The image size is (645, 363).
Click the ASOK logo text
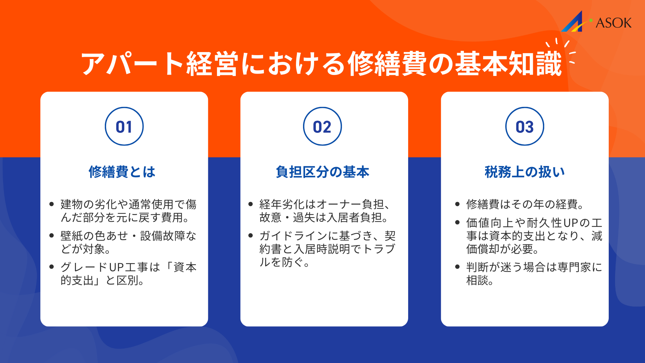613,23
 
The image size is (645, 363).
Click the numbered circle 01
124,126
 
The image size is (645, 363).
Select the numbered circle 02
322,126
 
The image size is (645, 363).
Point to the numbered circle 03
524,126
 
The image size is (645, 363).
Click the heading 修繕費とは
122,172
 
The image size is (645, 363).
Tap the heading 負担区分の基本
322,172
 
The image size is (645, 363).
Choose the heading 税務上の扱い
524,172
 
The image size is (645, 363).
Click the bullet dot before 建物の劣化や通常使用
51,204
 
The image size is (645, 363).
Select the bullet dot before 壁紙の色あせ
51,236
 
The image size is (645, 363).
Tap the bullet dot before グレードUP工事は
51,267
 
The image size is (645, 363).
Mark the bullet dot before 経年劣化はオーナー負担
251,204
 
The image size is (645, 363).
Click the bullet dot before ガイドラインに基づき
251,236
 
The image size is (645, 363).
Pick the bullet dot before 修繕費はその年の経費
457,204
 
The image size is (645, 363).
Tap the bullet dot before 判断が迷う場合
457,267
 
